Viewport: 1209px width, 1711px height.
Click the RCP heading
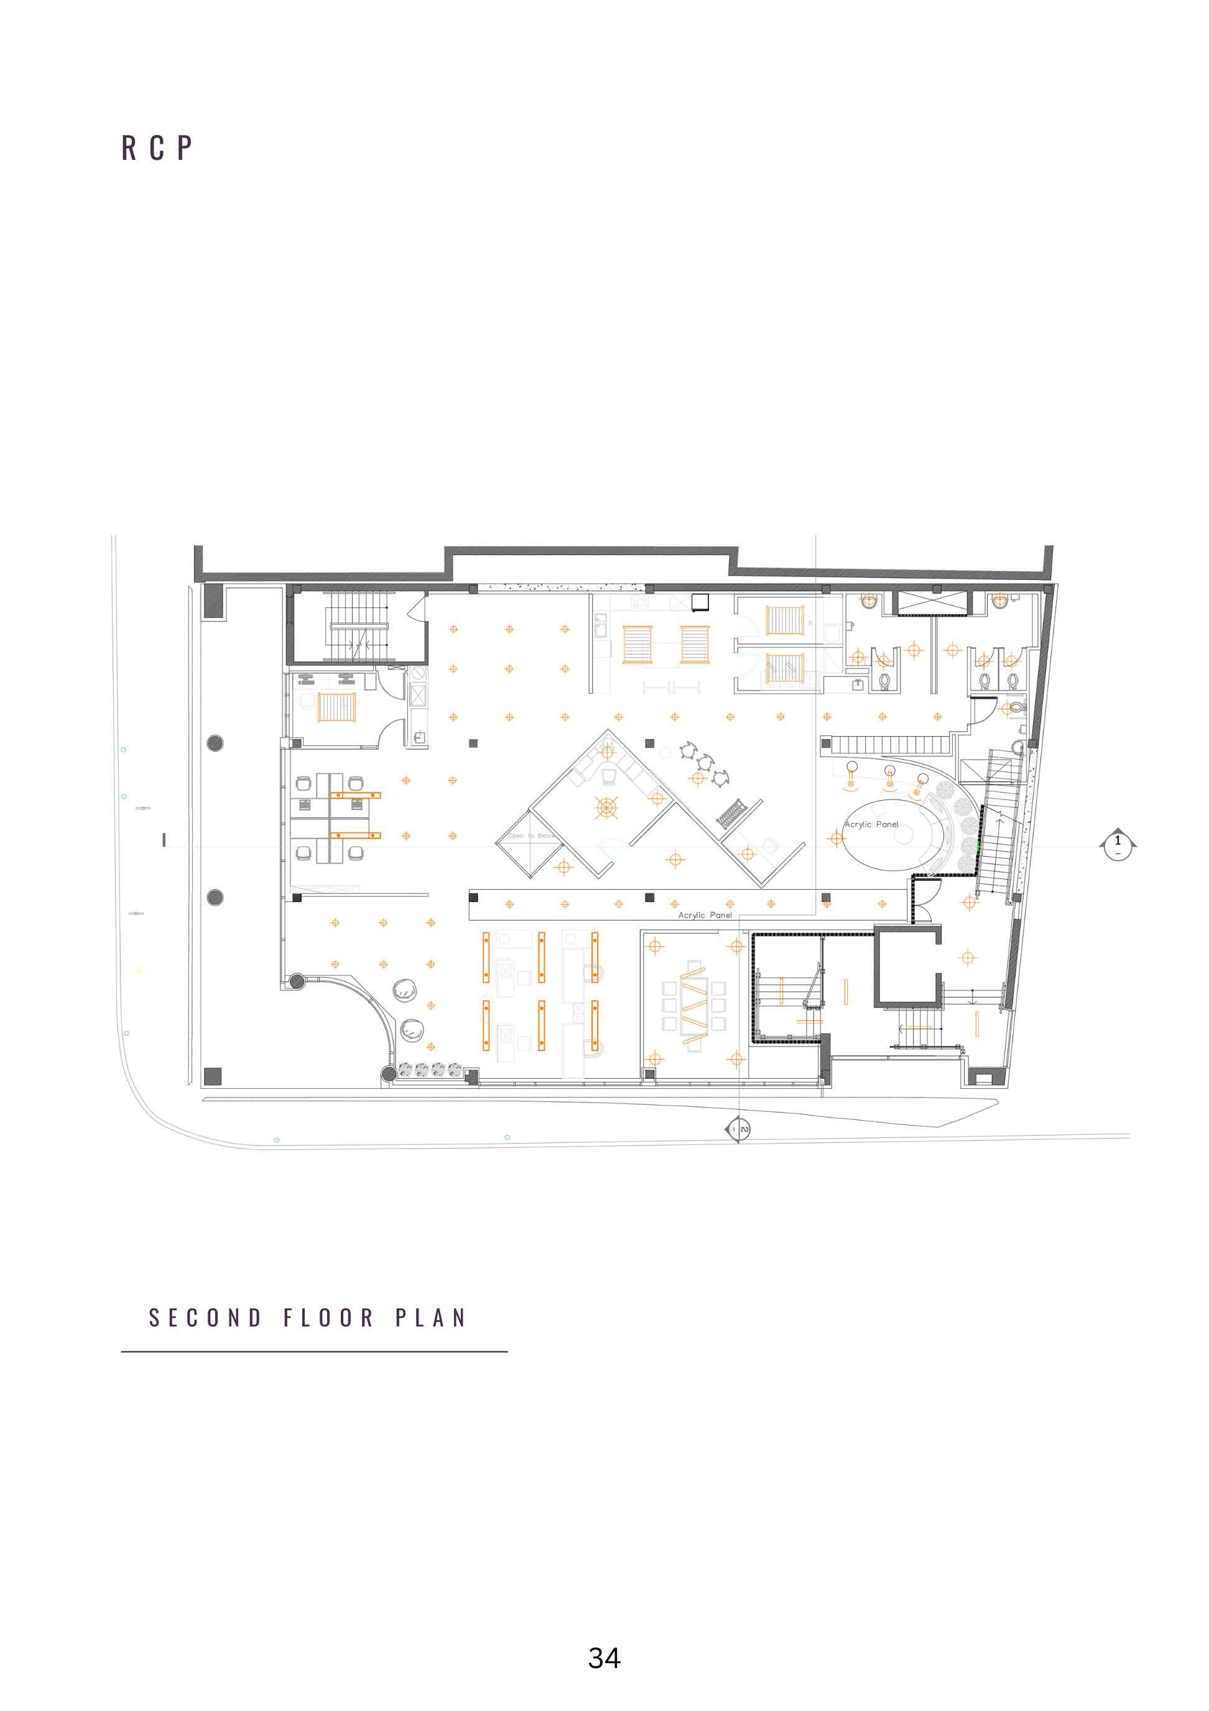coord(157,148)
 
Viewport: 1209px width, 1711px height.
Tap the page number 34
coord(604,1657)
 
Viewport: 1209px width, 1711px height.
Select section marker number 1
coord(1116,844)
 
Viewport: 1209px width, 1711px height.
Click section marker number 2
coord(738,1130)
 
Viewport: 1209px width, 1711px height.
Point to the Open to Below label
coord(532,836)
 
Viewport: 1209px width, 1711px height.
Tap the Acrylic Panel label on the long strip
coord(705,915)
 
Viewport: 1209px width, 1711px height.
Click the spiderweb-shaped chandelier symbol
coord(606,807)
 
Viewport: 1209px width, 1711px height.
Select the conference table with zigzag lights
coord(693,1007)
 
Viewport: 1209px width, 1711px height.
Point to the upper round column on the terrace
coord(215,742)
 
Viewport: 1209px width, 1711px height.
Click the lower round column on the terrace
coord(215,897)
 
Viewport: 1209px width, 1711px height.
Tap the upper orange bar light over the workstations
coord(355,795)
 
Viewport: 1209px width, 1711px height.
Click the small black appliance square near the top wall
coord(700,602)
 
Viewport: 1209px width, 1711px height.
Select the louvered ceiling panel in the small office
coord(336,707)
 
